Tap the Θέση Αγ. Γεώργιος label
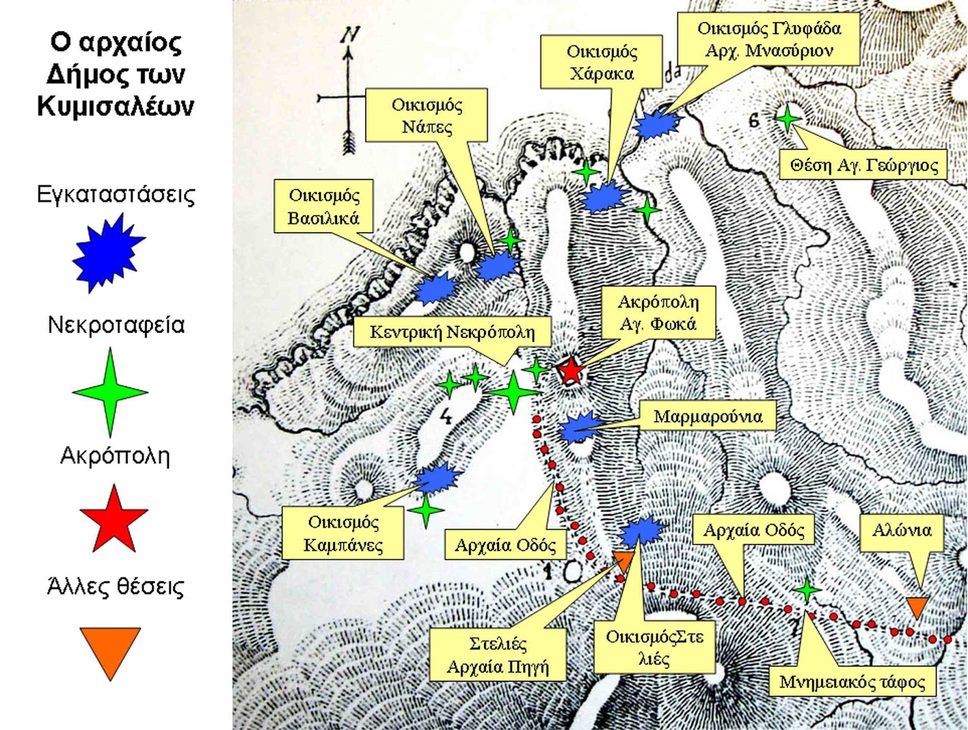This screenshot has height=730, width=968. [863, 165]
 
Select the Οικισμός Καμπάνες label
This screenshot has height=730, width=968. [342, 534]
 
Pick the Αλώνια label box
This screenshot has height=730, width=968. [902, 529]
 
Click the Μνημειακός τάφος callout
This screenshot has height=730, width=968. [852, 682]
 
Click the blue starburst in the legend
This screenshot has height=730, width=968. [108, 253]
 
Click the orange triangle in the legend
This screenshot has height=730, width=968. [110, 653]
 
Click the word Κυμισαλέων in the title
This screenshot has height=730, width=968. [115, 106]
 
